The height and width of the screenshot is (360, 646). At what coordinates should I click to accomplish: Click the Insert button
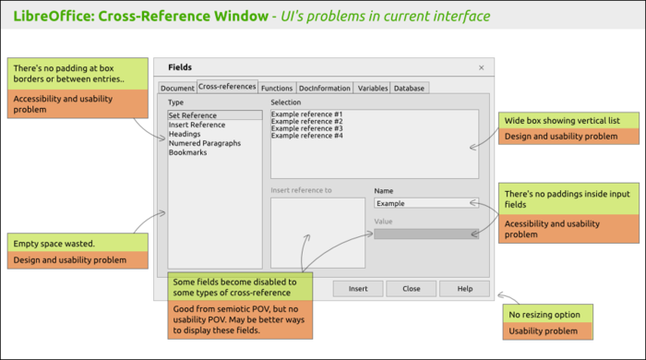(x=358, y=289)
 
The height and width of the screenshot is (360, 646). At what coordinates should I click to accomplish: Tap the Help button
(x=463, y=289)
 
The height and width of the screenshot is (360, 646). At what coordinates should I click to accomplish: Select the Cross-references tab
(x=227, y=87)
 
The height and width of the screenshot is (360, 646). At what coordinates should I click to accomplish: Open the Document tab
(x=177, y=89)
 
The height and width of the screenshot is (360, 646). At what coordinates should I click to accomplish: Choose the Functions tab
(x=277, y=89)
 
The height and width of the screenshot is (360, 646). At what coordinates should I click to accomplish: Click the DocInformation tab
(x=325, y=89)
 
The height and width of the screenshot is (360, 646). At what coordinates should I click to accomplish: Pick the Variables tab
(x=373, y=89)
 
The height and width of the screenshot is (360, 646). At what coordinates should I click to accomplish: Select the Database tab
(x=410, y=89)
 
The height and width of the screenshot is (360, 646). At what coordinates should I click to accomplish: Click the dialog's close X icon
(x=481, y=68)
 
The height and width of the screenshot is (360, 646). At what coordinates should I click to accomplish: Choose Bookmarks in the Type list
(x=187, y=152)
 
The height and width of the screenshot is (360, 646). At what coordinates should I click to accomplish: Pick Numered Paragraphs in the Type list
(x=205, y=143)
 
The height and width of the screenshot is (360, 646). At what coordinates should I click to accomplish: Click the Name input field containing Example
(x=425, y=203)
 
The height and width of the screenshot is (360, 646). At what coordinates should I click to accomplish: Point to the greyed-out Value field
(x=425, y=234)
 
